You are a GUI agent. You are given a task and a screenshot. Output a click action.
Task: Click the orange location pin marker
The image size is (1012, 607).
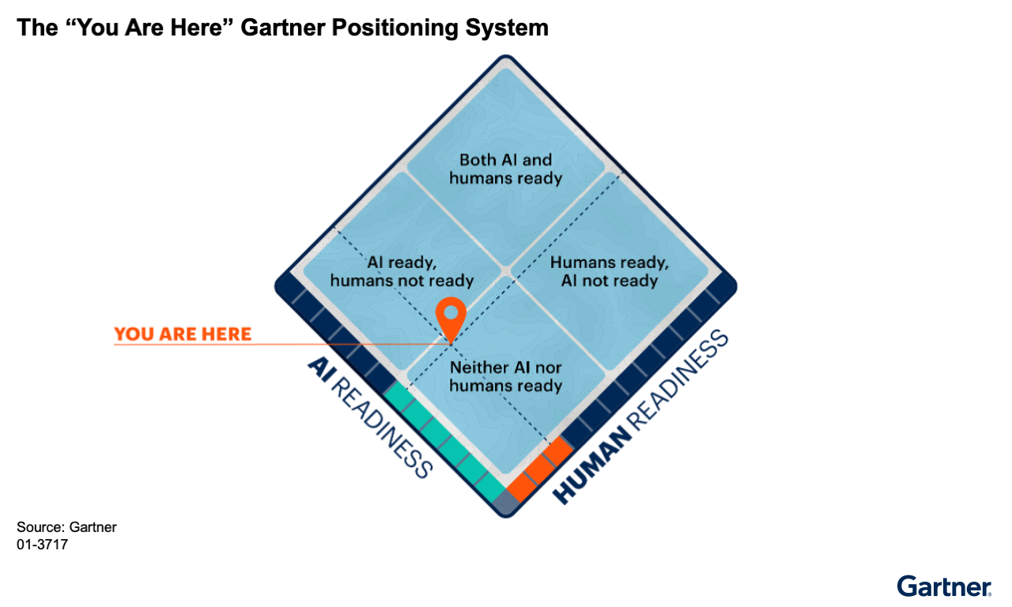pyautogui.click(x=451, y=315)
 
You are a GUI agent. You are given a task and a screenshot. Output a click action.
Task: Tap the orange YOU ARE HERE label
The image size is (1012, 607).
pyautogui.click(x=183, y=334)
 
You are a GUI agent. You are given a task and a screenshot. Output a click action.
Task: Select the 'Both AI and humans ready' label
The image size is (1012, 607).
pyautogui.click(x=506, y=169)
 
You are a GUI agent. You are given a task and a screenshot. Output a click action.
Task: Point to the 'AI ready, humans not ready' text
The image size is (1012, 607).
pyautogui.click(x=402, y=271)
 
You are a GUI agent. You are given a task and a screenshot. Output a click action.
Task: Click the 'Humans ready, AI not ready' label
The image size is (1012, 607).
pyautogui.click(x=610, y=271)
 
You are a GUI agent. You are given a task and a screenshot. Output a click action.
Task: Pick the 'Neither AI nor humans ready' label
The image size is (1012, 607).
pyautogui.click(x=506, y=376)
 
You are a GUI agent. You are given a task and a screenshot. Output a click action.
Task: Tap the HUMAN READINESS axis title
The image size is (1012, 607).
pyautogui.click(x=641, y=418)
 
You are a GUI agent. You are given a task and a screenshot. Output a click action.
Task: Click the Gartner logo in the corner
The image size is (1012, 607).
pyautogui.click(x=944, y=586)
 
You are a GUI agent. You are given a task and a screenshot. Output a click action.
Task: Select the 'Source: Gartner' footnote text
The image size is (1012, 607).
pyautogui.click(x=66, y=527)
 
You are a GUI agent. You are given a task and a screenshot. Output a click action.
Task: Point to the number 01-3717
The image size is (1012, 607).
pyautogui.click(x=42, y=544)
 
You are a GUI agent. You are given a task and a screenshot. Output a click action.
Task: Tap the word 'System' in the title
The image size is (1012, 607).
pyautogui.click(x=512, y=28)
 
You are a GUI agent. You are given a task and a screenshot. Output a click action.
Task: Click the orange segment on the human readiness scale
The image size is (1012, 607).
pyautogui.click(x=540, y=468)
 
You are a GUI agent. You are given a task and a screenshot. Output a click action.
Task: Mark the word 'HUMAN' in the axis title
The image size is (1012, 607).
pyautogui.click(x=588, y=467)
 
